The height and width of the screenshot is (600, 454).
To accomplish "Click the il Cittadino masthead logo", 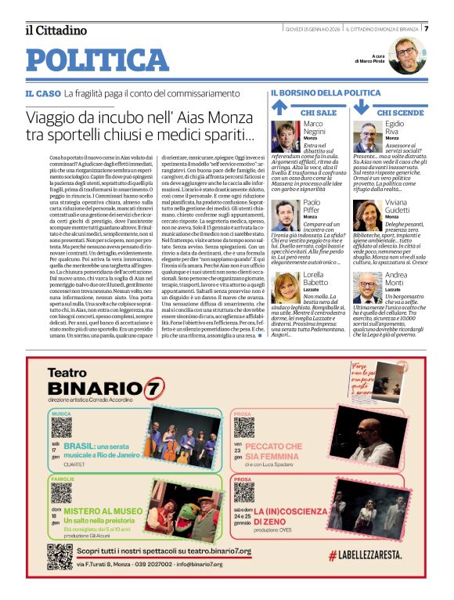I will pyautogui.click(x=56, y=30).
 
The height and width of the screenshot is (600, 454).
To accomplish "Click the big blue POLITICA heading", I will pyautogui.click(x=98, y=60).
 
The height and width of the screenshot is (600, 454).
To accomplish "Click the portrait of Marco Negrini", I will pyautogui.click(x=286, y=136).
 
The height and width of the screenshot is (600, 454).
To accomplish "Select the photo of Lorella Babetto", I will pyautogui.click(x=286, y=286).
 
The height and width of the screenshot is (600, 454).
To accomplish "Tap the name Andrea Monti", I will pyautogui.click(x=397, y=280).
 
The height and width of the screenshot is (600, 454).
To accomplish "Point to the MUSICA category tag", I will pyautogui.click(x=62, y=414).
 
